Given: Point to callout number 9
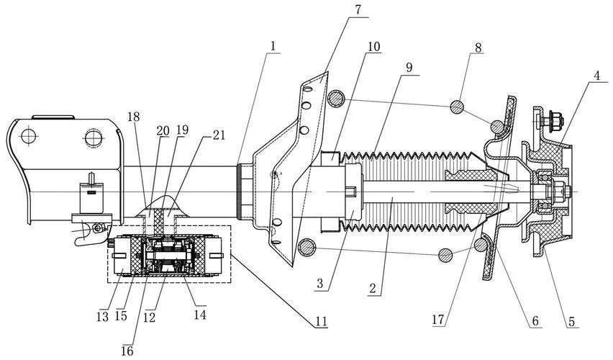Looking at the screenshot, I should [x=409, y=68].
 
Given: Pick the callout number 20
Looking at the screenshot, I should [x=163, y=131].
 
